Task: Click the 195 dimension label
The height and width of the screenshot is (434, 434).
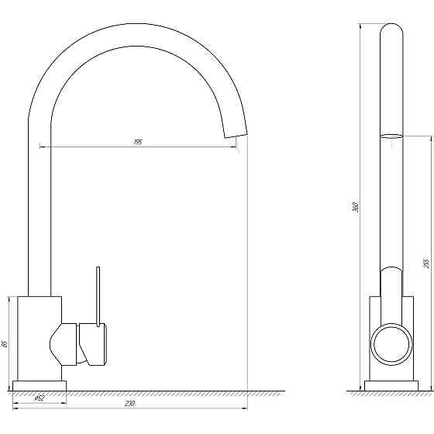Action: (x=138, y=142)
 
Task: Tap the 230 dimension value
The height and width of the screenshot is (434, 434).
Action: (x=129, y=404)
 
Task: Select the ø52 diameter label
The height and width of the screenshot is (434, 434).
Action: (x=40, y=398)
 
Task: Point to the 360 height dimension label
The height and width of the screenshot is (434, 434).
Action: (x=356, y=208)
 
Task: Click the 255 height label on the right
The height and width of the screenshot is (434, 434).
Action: (x=426, y=263)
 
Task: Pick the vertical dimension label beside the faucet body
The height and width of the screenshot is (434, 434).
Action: (x=5, y=344)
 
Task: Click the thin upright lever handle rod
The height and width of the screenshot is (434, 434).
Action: (x=98, y=297)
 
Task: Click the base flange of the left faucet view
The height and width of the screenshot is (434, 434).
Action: (x=40, y=386)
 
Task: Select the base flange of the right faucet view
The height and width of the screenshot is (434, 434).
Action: (x=391, y=386)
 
